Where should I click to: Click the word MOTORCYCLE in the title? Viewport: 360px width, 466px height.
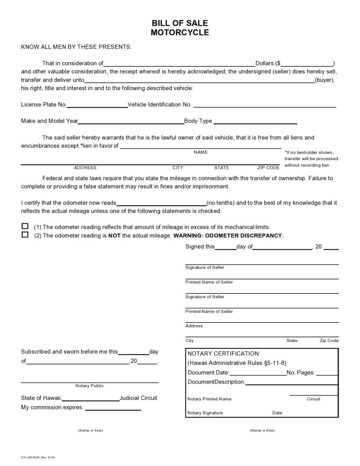180,32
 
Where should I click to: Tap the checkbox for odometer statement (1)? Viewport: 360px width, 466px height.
25,226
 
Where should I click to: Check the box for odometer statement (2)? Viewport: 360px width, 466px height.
25,235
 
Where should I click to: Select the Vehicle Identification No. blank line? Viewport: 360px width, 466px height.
265,106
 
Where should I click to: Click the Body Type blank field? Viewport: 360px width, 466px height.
255,123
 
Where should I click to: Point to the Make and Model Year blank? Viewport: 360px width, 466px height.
131,123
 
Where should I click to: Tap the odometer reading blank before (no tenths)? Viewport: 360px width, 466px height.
162,204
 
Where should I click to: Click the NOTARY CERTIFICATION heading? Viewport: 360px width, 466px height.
224,353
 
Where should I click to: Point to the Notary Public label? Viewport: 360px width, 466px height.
90,386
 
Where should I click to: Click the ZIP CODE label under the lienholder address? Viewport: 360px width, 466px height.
268,167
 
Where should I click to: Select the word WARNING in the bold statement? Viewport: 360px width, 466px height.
186,236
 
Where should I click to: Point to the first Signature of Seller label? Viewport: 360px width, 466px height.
205,268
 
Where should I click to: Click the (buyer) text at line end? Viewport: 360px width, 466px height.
325,80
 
